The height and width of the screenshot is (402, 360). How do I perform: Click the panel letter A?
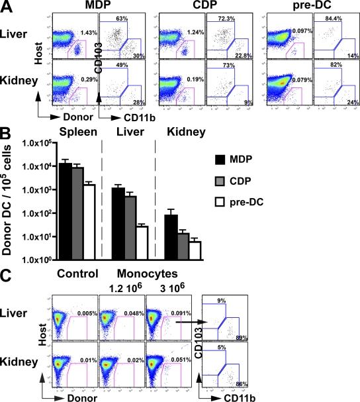7,7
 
